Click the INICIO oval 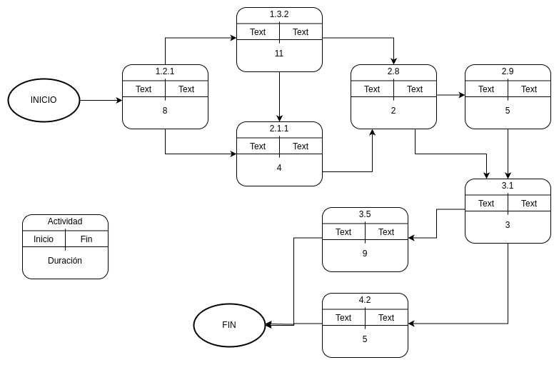tap(44, 100)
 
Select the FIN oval tap(229, 325)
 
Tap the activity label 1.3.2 tap(279, 14)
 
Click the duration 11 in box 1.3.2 tap(279, 54)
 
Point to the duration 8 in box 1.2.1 tap(165, 111)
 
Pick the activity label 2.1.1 tap(279, 129)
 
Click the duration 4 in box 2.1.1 tap(279, 168)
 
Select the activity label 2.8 tap(393, 71)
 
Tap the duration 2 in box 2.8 tap(393, 111)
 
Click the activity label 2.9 tap(508, 71)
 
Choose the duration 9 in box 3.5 tap(365, 254)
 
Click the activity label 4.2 tap(365, 300)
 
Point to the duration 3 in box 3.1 tap(508, 225)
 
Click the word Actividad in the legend tap(65, 221)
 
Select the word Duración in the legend tap(65, 261)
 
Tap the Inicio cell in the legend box tap(44, 239)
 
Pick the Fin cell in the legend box tap(86, 239)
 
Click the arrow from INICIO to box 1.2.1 tap(101, 100)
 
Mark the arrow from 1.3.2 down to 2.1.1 tap(279, 96)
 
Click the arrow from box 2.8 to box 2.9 tap(450, 94)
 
